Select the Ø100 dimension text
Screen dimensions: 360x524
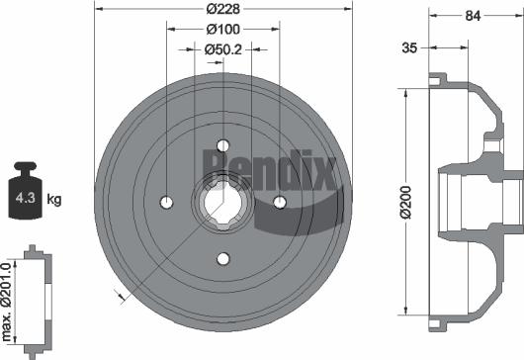(x=223, y=29)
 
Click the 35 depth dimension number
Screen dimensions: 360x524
(x=408, y=46)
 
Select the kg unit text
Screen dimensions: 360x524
(x=55, y=200)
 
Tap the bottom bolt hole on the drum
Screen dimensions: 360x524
(x=222, y=259)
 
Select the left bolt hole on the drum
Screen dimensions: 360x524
(x=166, y=202)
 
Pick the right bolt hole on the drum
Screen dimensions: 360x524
(x=280, y=202)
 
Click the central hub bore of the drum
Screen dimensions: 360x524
(x=222, y=202)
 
